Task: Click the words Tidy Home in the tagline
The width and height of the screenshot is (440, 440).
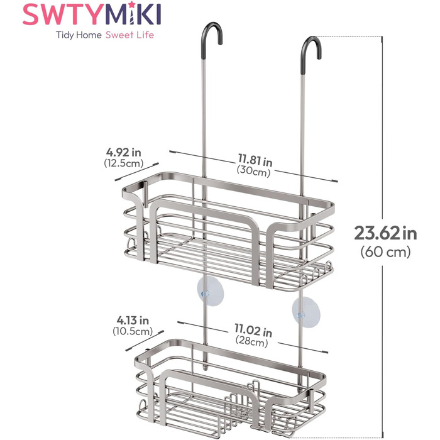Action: [x=79, y=35]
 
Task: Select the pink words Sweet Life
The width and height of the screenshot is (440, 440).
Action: [x=129, y=35]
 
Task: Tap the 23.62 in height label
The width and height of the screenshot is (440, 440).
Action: [x=385, y=233]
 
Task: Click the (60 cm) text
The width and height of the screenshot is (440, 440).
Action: [x=385, y=251]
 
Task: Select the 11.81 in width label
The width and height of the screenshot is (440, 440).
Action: [x=255, y=160]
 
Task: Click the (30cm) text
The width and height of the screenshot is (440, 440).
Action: [x=253, y=171]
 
